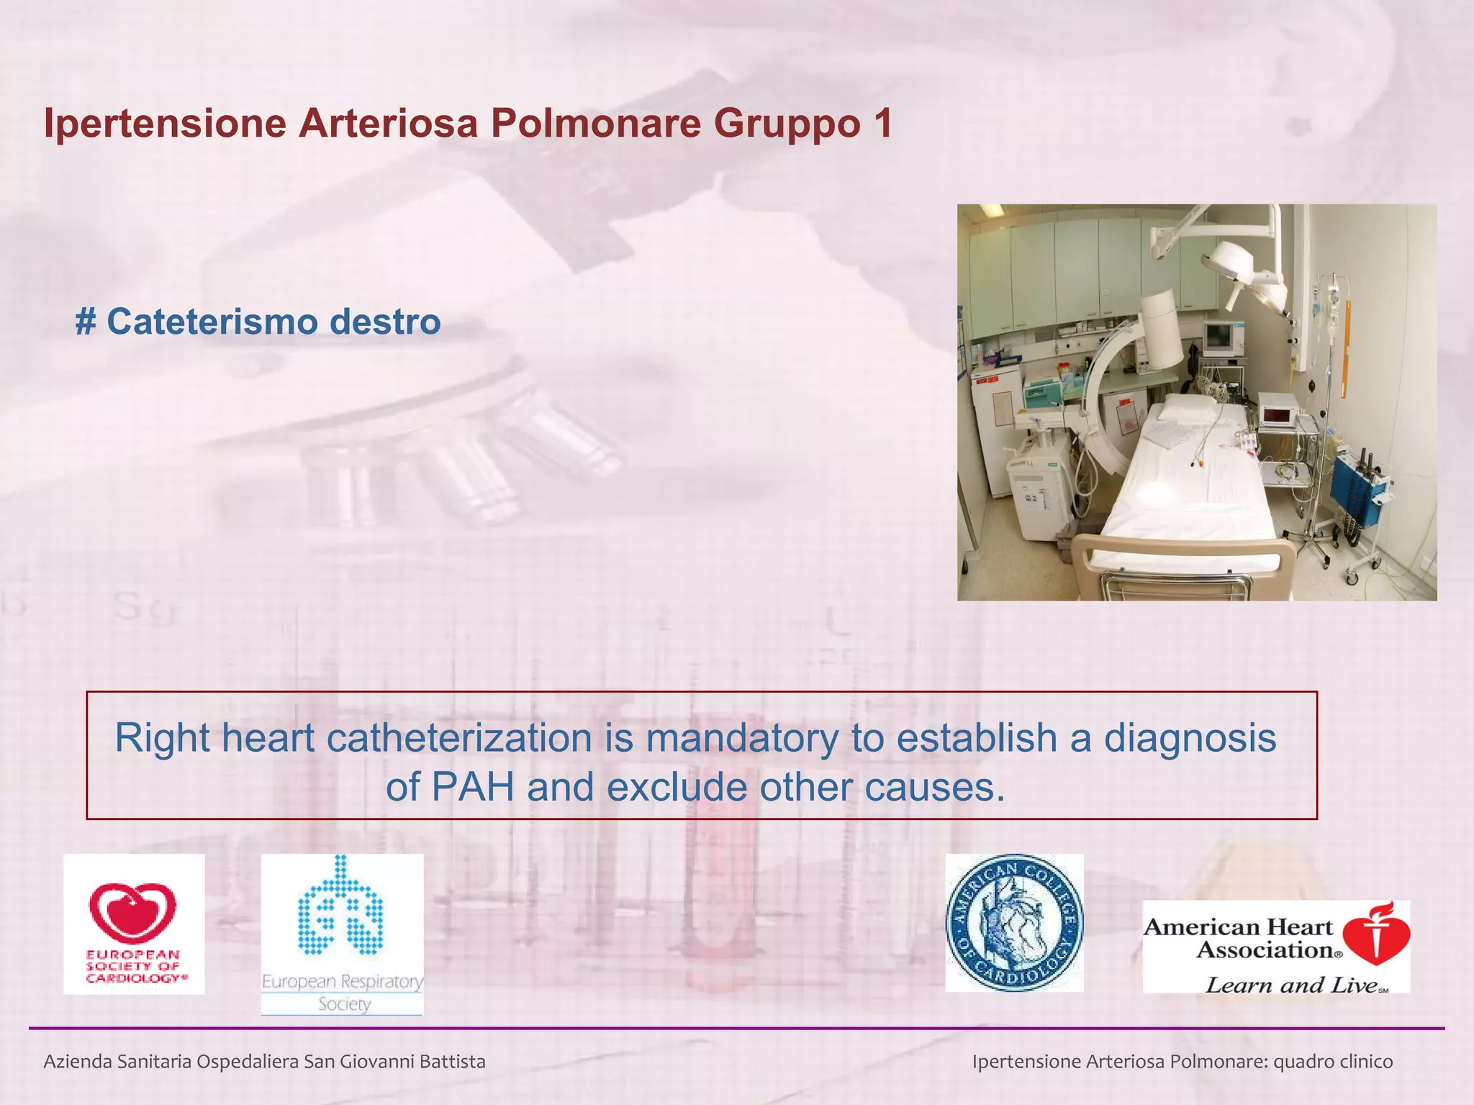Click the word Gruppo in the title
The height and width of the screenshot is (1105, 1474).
pos(786,124)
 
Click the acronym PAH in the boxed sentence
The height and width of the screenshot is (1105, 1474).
pos(472,787)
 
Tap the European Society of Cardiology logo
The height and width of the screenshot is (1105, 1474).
pos(134,924)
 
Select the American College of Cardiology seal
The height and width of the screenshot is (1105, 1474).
pos(1014,923)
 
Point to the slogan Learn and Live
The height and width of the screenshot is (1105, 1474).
pos(1292,984)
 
